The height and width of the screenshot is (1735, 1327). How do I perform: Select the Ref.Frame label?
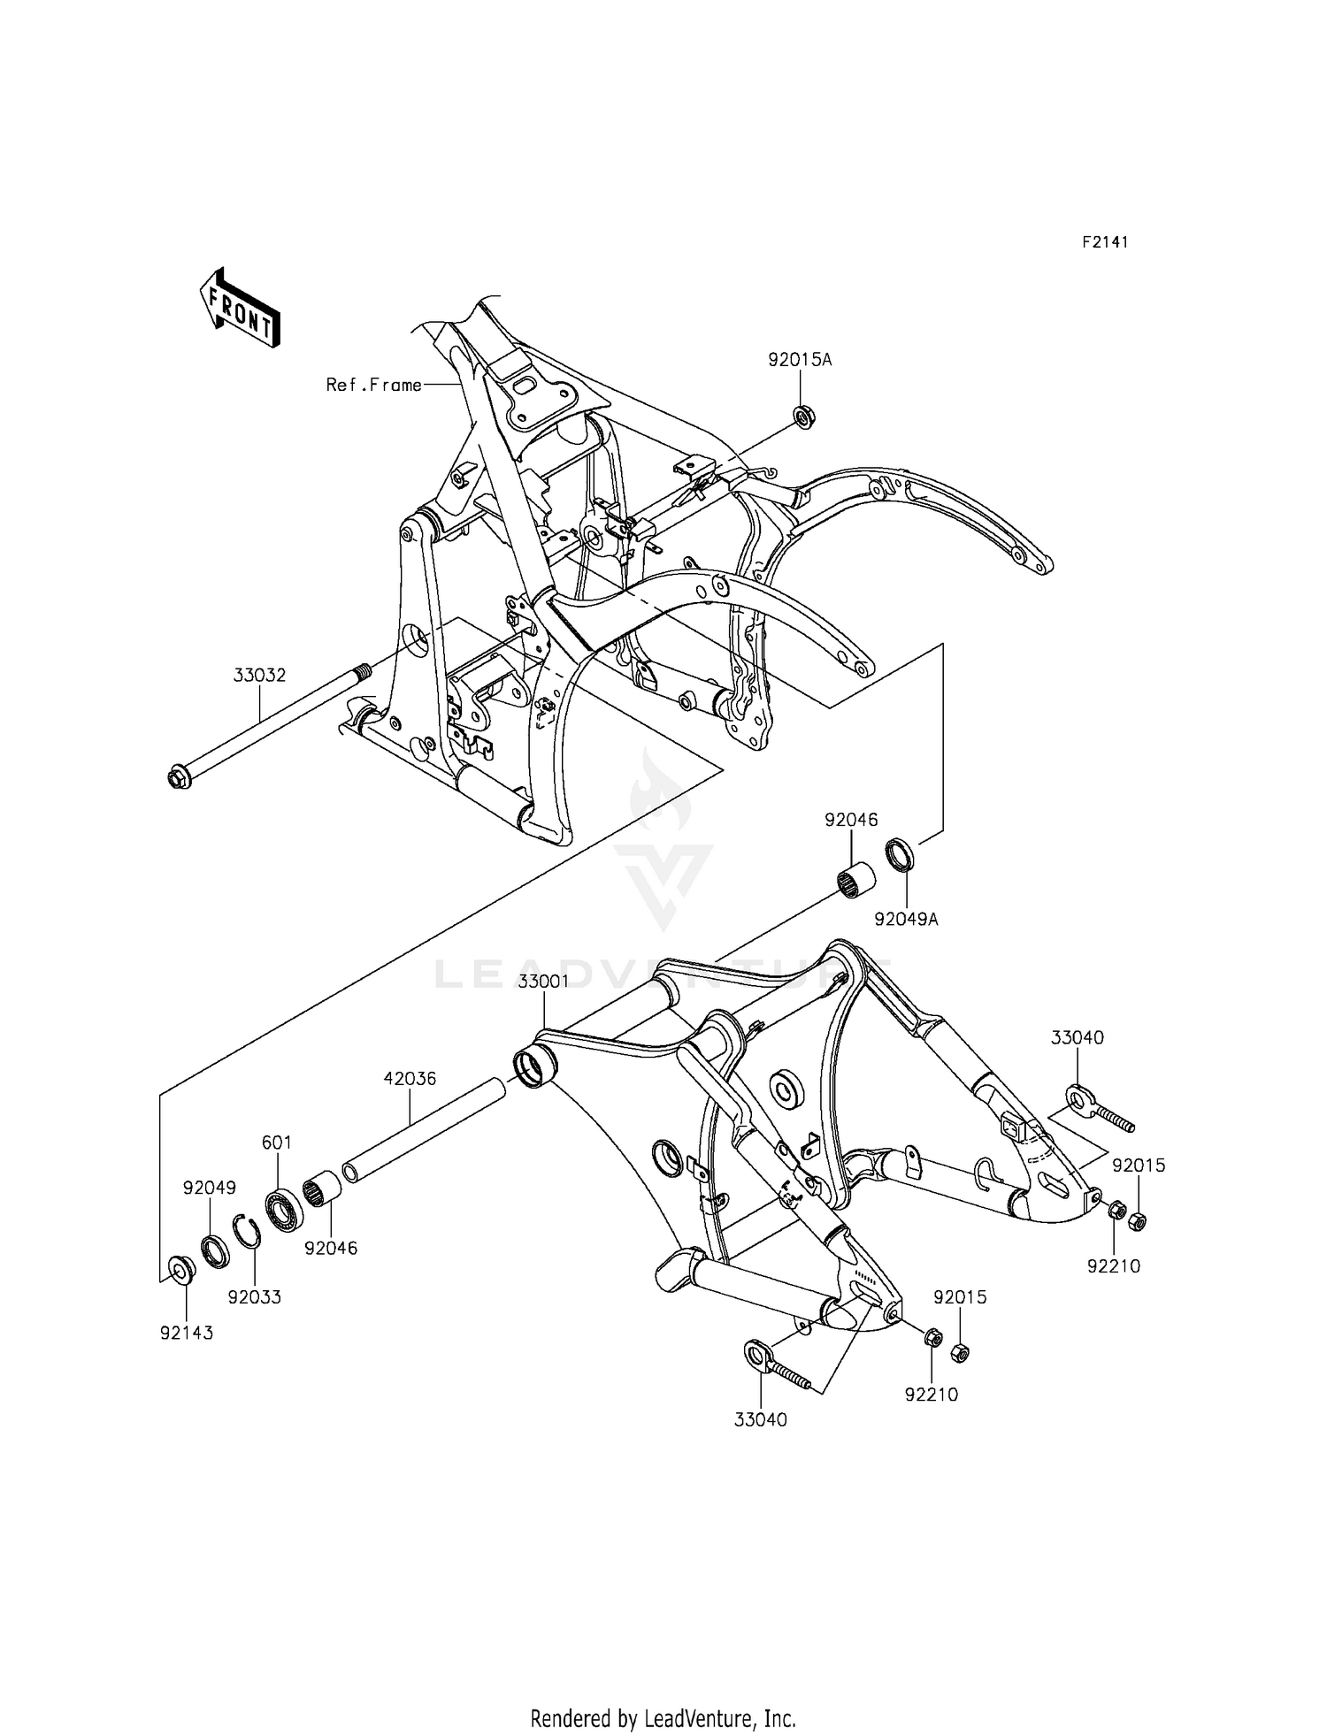[373, 385]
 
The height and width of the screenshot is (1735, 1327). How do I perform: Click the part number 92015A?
[800, 360]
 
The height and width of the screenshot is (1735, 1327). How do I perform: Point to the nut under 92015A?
[803, 416]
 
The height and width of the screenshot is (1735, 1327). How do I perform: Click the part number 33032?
[259, 676]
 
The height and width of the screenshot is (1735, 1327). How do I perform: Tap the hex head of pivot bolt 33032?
[178, 779]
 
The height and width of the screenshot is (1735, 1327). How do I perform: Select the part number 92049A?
[906, 919]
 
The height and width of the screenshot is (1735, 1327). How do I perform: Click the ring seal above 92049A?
[901, 855]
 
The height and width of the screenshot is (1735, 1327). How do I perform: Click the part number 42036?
[410, 1079]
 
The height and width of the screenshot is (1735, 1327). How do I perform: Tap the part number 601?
[277, 1143]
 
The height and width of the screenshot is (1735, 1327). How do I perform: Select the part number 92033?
[254, 1297]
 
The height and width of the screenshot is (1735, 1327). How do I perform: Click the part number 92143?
[187, 1333]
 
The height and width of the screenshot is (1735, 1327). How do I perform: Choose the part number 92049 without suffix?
[210, 1188]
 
